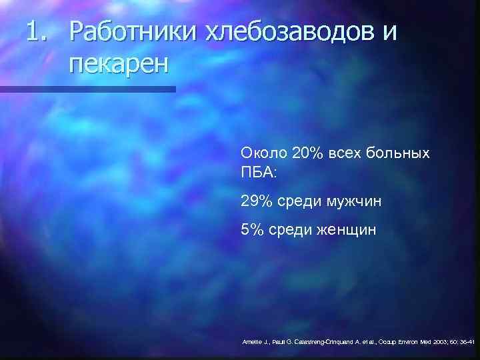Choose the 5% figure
pyautogui.click(x=253, y=230)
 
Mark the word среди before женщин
pyautogui.click(x=290, y=231)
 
